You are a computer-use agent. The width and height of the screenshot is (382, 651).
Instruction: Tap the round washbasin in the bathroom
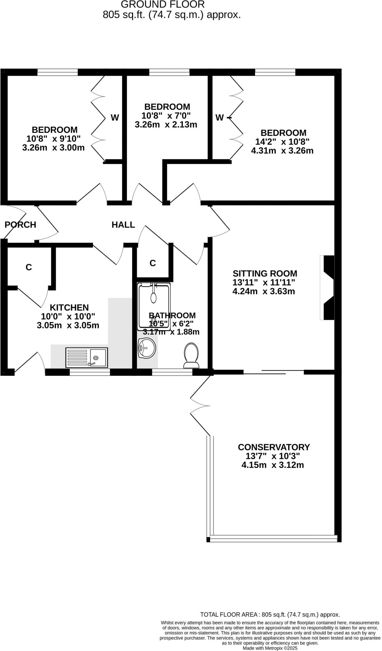pyautogui.click(x=147, y=348)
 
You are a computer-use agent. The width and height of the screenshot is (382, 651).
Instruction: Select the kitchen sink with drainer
pyautogui.click(x=87, y=357)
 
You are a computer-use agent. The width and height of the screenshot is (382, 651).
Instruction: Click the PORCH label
pyautogui.click(x=20, y=225)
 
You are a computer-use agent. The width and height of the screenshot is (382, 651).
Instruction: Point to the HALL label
pyautogui.click(x=123, y=225)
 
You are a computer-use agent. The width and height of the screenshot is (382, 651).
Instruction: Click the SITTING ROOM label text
pyautogui.click(x=265, y=273)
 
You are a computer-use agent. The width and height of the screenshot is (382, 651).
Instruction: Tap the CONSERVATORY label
pyautogui.click(x=274, y=447)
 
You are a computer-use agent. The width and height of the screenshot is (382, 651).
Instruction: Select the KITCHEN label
pyautogui.click(x=69, y=307)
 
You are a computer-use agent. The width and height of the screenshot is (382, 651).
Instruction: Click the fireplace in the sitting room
pyautogui.click(x=328, y=287)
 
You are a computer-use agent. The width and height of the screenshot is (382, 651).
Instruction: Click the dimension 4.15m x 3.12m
pyautogui.click(x=273, y=465)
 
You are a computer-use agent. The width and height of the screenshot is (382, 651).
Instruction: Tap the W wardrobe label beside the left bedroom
pyautogui.click(x=115, y=118)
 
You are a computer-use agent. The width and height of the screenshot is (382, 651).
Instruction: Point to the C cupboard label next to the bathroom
pyautogui.click(x=153, y=263)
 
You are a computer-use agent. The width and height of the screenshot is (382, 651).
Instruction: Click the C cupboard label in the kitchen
pyautogui.click(x=29, y=267)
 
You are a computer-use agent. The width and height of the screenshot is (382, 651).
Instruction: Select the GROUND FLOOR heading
pyautogui.click(x=163, y=4)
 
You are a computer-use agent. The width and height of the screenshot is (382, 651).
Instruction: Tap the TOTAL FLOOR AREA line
pyautogui.click(x=270, y=614)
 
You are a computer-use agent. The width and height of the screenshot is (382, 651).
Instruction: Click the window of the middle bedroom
pyautogui.click(x=169, y=72)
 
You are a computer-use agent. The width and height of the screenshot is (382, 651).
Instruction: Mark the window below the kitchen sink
pyautogui.click(x=90, y=372)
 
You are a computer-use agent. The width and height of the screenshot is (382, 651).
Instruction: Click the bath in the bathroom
pyautogui.click(x=154, y=307)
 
